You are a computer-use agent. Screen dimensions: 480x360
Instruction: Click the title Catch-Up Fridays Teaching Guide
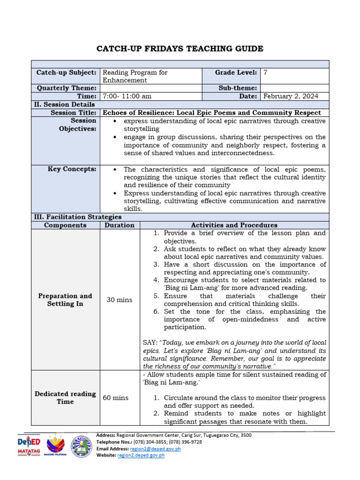[180, 49]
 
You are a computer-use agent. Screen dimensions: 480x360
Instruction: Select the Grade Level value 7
[266, 73]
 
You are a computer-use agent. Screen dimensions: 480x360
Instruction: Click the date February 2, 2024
[291, 96]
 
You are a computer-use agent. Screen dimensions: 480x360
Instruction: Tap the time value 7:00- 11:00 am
[127, 96]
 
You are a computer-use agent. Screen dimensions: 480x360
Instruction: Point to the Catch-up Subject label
[67, 73]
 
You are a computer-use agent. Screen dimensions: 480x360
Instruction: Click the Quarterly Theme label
[66, 88]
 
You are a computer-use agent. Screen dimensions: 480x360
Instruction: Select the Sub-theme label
[238, 88]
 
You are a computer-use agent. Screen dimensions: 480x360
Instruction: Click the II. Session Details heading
[64, 104]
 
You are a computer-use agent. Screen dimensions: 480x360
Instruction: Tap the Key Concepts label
[72, 169]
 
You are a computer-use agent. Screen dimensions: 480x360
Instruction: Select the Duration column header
[120, 225]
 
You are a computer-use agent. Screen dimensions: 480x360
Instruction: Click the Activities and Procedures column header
[234, 225]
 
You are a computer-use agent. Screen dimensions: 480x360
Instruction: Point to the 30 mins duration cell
[120, 300]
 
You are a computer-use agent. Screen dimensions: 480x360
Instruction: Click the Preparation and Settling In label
[65, 300]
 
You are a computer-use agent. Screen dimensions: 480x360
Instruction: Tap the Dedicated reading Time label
[65, 397]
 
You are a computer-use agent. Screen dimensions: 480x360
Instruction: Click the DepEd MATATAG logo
[29, 446]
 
